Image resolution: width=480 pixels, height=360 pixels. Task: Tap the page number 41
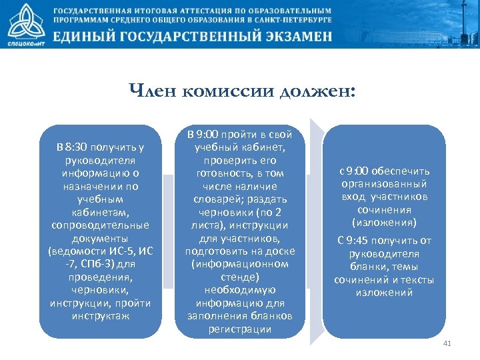coord(447,343)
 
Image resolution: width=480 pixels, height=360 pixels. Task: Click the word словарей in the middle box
coord(217,199)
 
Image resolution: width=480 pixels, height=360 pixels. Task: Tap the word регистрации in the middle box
coord(239,329)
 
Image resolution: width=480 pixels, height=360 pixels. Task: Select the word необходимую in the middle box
coord(239,290)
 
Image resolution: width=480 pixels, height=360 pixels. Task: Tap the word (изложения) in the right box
coord(384,222)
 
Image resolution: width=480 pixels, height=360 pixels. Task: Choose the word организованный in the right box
coord(384,183)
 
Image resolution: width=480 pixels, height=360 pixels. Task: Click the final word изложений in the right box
coord(384,292)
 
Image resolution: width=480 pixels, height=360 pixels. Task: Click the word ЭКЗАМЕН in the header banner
coord(287,37)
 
